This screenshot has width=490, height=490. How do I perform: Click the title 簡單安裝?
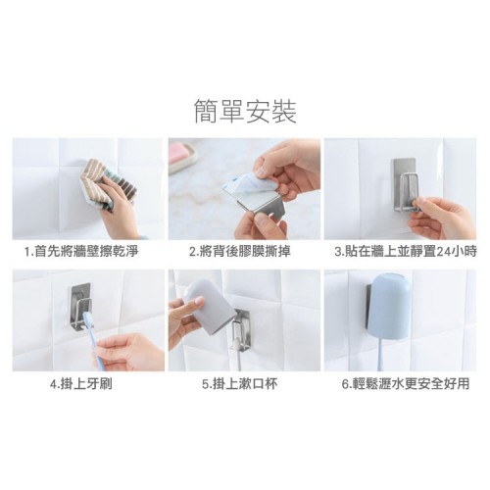tap(245, 112)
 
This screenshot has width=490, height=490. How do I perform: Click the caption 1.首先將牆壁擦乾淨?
tap(81, 252)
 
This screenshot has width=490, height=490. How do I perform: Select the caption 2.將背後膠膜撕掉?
tap(240, 252)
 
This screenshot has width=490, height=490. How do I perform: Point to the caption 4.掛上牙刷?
tap(81, 383)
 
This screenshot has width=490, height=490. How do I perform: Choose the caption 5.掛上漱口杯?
tap(240, 383)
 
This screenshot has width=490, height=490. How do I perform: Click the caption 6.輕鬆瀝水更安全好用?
tap(406, 383)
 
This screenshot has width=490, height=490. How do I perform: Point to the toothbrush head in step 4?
tap(89, 318)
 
